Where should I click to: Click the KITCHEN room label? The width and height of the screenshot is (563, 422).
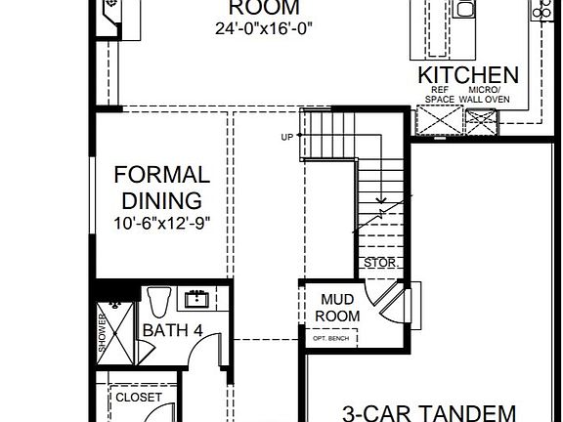468,75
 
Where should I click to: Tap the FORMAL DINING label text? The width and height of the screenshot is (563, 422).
161,189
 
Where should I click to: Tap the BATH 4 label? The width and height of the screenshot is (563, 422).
172,330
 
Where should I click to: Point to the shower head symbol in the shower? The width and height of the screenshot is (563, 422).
115,304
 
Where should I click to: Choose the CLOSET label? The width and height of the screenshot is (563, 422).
139,398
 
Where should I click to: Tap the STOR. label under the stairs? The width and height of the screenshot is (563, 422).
378,264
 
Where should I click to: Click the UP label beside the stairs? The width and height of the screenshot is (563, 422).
287,136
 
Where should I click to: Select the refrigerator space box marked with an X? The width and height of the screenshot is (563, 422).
438,122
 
